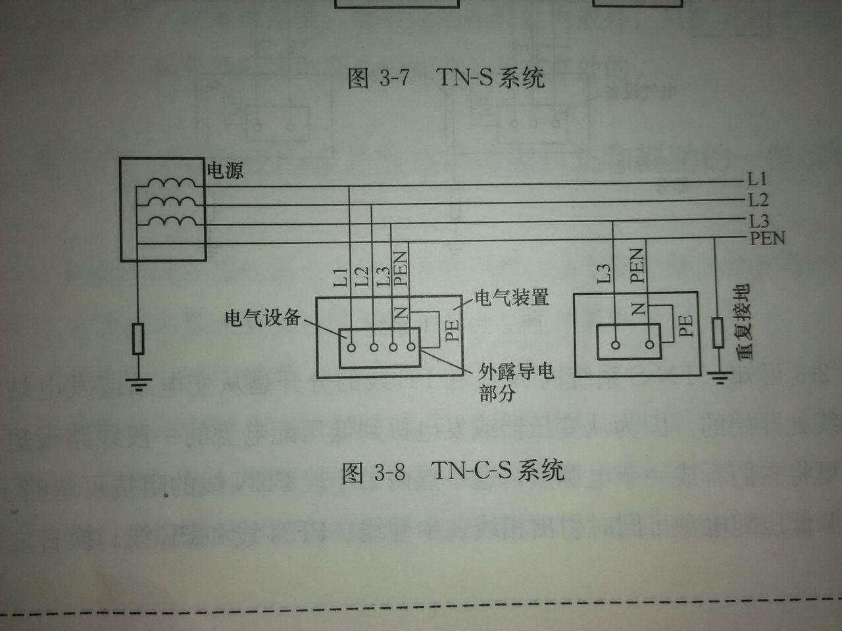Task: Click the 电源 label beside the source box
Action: (x=225, y=170)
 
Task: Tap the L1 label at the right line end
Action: (x=757, y=179)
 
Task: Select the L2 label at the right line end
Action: (x=758, y=200)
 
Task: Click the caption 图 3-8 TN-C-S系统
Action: (x=453, y=471)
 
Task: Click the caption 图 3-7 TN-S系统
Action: (x=446, y=78)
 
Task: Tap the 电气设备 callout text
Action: (x=262, y=317)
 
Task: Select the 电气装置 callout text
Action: (x=512, y=297)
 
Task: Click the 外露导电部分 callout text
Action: (x=516, y=382)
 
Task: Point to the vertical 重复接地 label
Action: (x=744, y=322)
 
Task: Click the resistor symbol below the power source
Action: (x=139, y=339)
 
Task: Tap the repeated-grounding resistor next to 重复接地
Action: (x=718, y=333)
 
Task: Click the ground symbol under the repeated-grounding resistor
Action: (x=720, y=378)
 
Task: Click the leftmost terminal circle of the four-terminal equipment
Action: (x=351, y=348)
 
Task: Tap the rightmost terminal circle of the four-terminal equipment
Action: (x=411, y=347)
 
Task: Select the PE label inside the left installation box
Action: (x=453, y=330)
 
